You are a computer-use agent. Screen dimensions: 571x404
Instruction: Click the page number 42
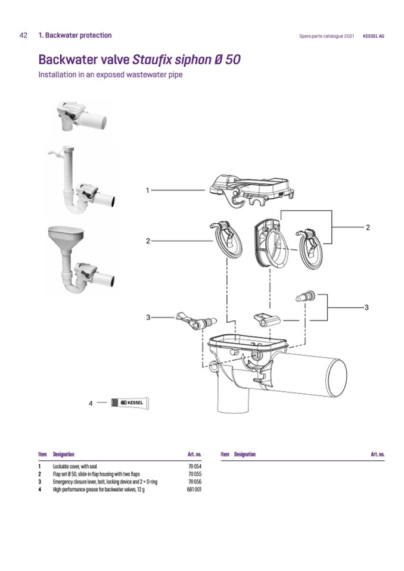(x=23, y=36)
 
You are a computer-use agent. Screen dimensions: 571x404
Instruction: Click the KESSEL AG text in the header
(x=374, y=36)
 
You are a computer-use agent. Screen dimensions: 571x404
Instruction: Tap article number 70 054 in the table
(x=194, y=466)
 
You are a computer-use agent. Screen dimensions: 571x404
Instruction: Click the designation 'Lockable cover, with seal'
(x=77, y=466)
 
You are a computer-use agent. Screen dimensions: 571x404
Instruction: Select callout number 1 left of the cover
(x=147, y=191)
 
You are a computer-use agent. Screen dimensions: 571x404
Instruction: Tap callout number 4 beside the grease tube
(x=91, y=403)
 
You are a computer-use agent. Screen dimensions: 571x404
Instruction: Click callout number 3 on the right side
(x=366, y=307)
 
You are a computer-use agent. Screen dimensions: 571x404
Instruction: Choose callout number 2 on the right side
(x=368, y=227)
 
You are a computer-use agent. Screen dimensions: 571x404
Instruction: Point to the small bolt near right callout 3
(x=305, y=297)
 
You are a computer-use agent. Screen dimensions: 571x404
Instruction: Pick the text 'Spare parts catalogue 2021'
(x=327, y=36)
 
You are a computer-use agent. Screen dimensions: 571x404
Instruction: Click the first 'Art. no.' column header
(x=194, y=454)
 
